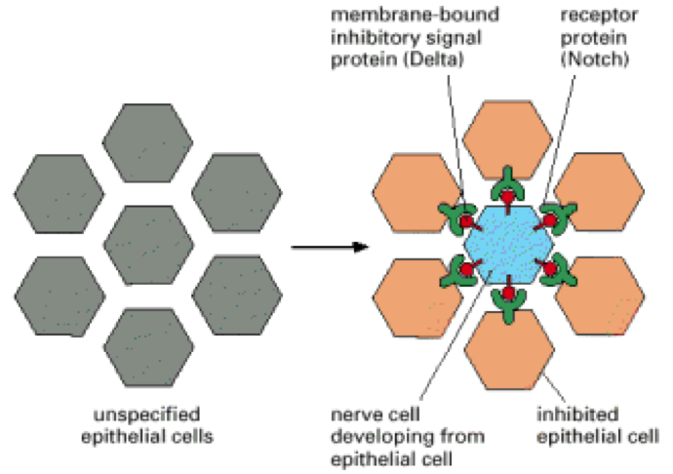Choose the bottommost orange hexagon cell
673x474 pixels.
(x=506, y=351)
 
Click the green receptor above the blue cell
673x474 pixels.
(x=506, y=180)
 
